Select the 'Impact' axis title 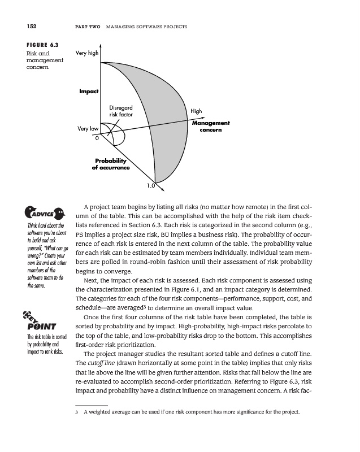89,91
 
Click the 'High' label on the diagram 196,112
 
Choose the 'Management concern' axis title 211,126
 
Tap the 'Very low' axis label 88,128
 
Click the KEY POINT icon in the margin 37,322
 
